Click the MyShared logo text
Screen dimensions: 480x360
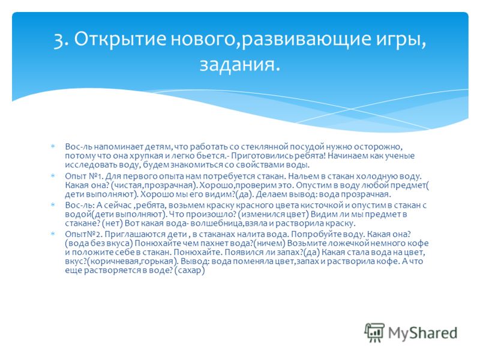422,333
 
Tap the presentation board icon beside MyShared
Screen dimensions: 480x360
374,332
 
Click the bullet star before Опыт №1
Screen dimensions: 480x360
53,175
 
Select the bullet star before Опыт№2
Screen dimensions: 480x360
53,233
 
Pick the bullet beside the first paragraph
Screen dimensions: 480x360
53,146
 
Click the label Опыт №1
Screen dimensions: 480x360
83,176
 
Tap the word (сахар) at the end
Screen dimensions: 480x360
190,271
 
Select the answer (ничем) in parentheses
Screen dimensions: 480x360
270,244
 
